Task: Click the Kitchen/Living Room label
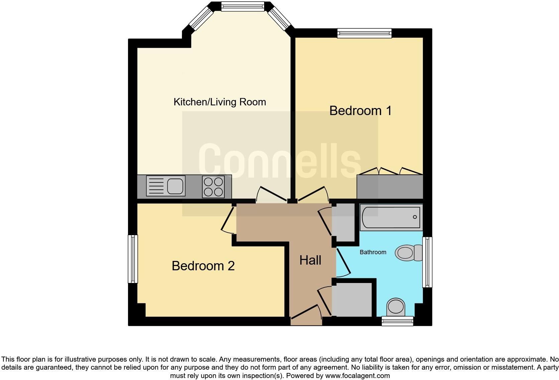point(220,102)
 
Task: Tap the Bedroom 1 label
point(360,111)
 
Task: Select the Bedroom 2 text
point(203,266)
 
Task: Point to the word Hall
point(310,260)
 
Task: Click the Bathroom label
point(373,252)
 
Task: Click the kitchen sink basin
point(175,186)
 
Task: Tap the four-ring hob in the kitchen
point(213,187)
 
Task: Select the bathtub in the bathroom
point(391,217)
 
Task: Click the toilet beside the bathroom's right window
point(409,253)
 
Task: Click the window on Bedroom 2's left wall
point(133,259)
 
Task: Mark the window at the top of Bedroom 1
point(364,33)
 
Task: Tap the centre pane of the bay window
point(243,6)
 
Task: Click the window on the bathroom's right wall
point(427,262)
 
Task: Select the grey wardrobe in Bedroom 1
point(390,187)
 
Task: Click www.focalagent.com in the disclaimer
point(357,376)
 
